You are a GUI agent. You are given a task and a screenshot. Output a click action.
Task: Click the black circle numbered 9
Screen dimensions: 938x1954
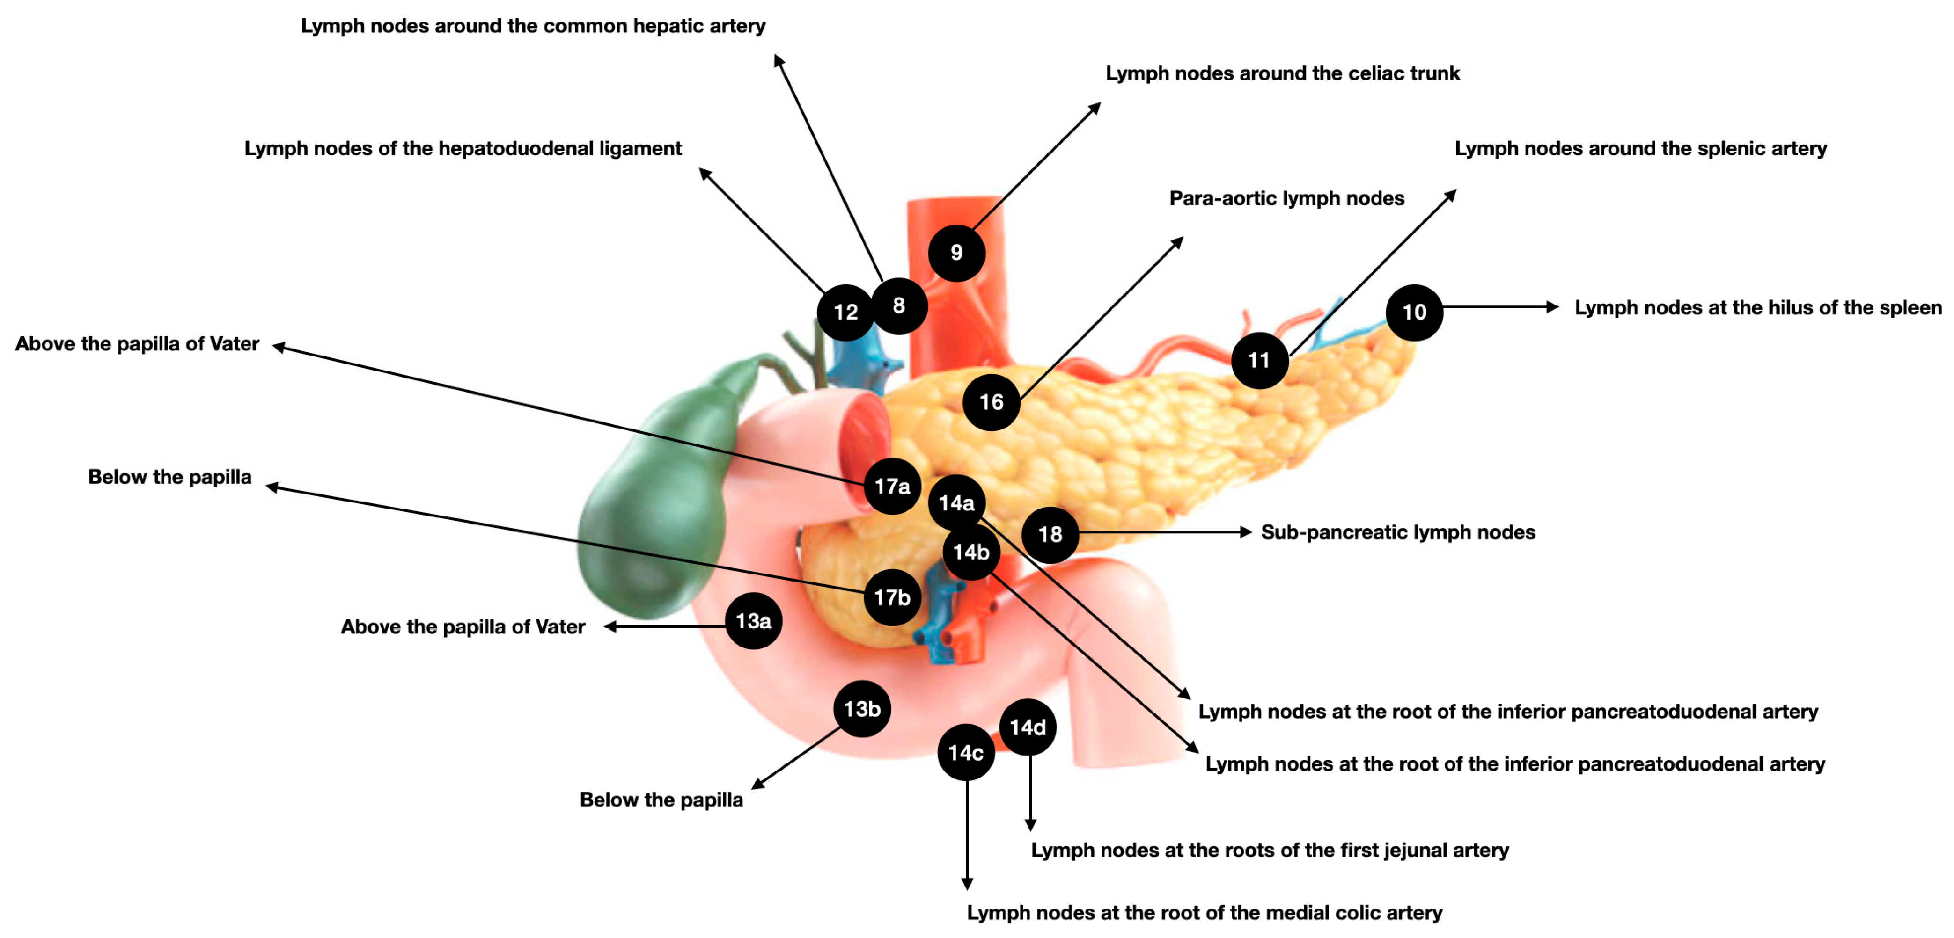click(x=956, y=253)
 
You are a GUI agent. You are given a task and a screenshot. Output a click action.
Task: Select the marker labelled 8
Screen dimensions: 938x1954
click(x=899, y=305)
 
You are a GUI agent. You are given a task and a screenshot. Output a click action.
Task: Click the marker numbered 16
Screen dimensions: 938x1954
click(x=991, y=402)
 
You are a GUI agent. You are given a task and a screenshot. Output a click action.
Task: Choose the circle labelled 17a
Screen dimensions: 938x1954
click(x=892, y=486)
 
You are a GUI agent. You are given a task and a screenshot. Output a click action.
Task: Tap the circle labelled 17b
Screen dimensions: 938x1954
click(x=892, y=597)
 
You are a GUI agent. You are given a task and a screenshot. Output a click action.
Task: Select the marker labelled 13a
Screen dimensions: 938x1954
click(x=753, y=621)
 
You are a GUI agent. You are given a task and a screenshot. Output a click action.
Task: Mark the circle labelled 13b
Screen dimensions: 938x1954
click(x=862, y=709)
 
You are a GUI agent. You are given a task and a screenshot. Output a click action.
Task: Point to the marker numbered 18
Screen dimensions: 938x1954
click(x=1050, y=535)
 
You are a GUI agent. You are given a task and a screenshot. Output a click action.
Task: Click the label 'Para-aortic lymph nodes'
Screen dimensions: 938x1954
click(x=1286, y=199)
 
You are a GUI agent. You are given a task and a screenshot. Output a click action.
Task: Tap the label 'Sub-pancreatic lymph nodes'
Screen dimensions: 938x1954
click(x=1397, y=532)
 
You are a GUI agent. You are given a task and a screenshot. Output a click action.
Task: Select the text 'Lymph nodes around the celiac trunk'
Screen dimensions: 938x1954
click(x=1282, y=73)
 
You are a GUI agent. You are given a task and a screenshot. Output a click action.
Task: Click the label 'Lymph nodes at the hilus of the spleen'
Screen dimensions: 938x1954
click(x=1757, y=308)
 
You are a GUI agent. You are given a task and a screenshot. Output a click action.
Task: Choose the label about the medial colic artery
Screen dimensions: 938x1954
click(x=1204, y=913)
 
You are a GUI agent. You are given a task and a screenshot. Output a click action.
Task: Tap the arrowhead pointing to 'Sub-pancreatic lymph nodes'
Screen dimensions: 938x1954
click(x=1246, y=532)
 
